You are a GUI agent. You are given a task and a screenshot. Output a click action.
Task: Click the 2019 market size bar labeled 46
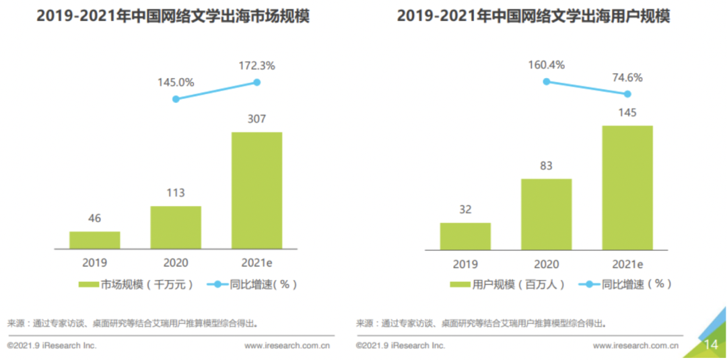(95, 240)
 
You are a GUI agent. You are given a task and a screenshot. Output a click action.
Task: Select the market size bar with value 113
(176, 227)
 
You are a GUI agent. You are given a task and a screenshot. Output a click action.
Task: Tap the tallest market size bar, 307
(256, 190)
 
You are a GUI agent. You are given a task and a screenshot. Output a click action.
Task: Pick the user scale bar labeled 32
(465, 236)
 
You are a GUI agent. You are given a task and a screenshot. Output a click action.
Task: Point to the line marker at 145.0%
(176, 99)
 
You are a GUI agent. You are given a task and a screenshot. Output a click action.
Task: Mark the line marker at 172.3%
(256, 82)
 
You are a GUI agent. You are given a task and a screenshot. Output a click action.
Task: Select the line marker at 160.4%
(547, 81)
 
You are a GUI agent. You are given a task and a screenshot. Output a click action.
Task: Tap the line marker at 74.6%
(627, 94)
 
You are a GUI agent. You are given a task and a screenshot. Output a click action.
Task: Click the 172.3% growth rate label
(256, 66)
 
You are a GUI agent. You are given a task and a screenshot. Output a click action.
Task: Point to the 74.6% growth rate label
(627, 77)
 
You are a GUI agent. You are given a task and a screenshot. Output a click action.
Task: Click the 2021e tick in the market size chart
(256, 263)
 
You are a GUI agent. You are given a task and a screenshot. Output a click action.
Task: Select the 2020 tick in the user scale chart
(547, 264)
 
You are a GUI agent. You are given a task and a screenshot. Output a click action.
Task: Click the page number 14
(711, 345)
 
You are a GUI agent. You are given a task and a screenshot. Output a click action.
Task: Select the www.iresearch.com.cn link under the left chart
(287, 345)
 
